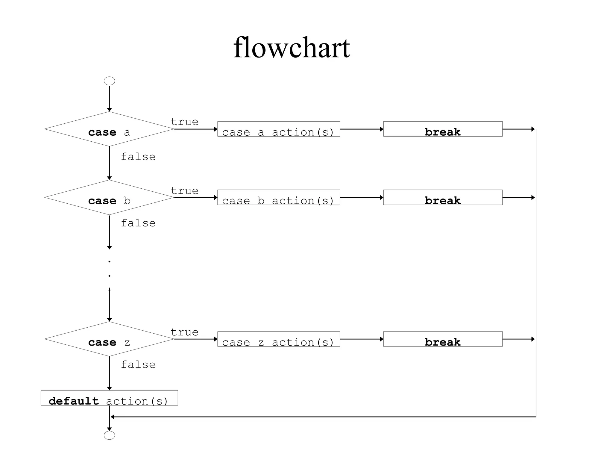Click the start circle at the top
[109, 81]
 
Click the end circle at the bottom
[109, 435]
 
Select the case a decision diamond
[109, 129]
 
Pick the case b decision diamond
[109, 198]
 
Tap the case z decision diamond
[109, 339]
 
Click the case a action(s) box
[279, 129]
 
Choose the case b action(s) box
[279, 198]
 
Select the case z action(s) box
[279, 339]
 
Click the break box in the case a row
[443, 129]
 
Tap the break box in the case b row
[443, 198]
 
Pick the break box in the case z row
[443, 339]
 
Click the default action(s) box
[109, 398]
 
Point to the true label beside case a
[185, 122]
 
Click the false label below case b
[138, 223]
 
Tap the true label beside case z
[185, 332]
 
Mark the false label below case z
[138, 365]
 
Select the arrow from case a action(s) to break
[362, 129]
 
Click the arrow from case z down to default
[110, 373]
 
